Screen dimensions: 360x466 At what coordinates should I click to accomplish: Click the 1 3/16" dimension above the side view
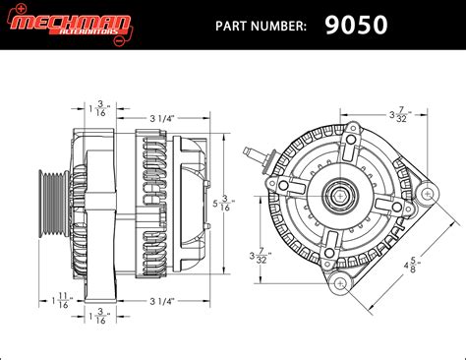96,107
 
